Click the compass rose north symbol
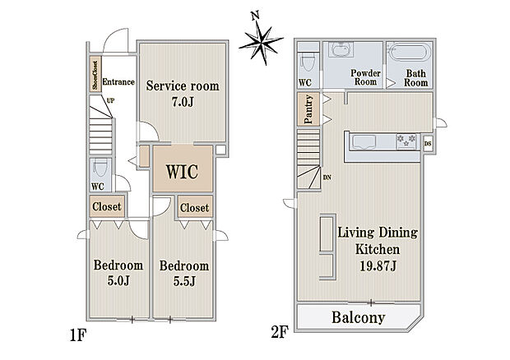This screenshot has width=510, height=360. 262,39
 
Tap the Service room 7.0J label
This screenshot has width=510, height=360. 183,94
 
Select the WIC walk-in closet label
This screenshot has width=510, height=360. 182,172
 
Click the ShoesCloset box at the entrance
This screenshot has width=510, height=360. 95,74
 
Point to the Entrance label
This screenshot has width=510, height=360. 118,82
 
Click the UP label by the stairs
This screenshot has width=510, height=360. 110,101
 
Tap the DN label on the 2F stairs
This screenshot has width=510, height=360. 327,178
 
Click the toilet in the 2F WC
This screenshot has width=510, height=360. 308,61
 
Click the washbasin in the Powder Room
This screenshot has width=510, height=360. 341,49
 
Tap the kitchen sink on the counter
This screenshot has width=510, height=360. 363,143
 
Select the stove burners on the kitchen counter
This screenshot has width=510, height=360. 406,141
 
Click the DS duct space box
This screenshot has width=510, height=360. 428,144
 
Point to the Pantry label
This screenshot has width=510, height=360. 308,109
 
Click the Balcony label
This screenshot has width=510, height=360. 359,317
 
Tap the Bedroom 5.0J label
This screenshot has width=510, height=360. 118,273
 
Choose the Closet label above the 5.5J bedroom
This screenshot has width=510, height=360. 194,208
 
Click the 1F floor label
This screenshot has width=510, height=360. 77,335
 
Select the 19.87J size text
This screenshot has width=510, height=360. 378,266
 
